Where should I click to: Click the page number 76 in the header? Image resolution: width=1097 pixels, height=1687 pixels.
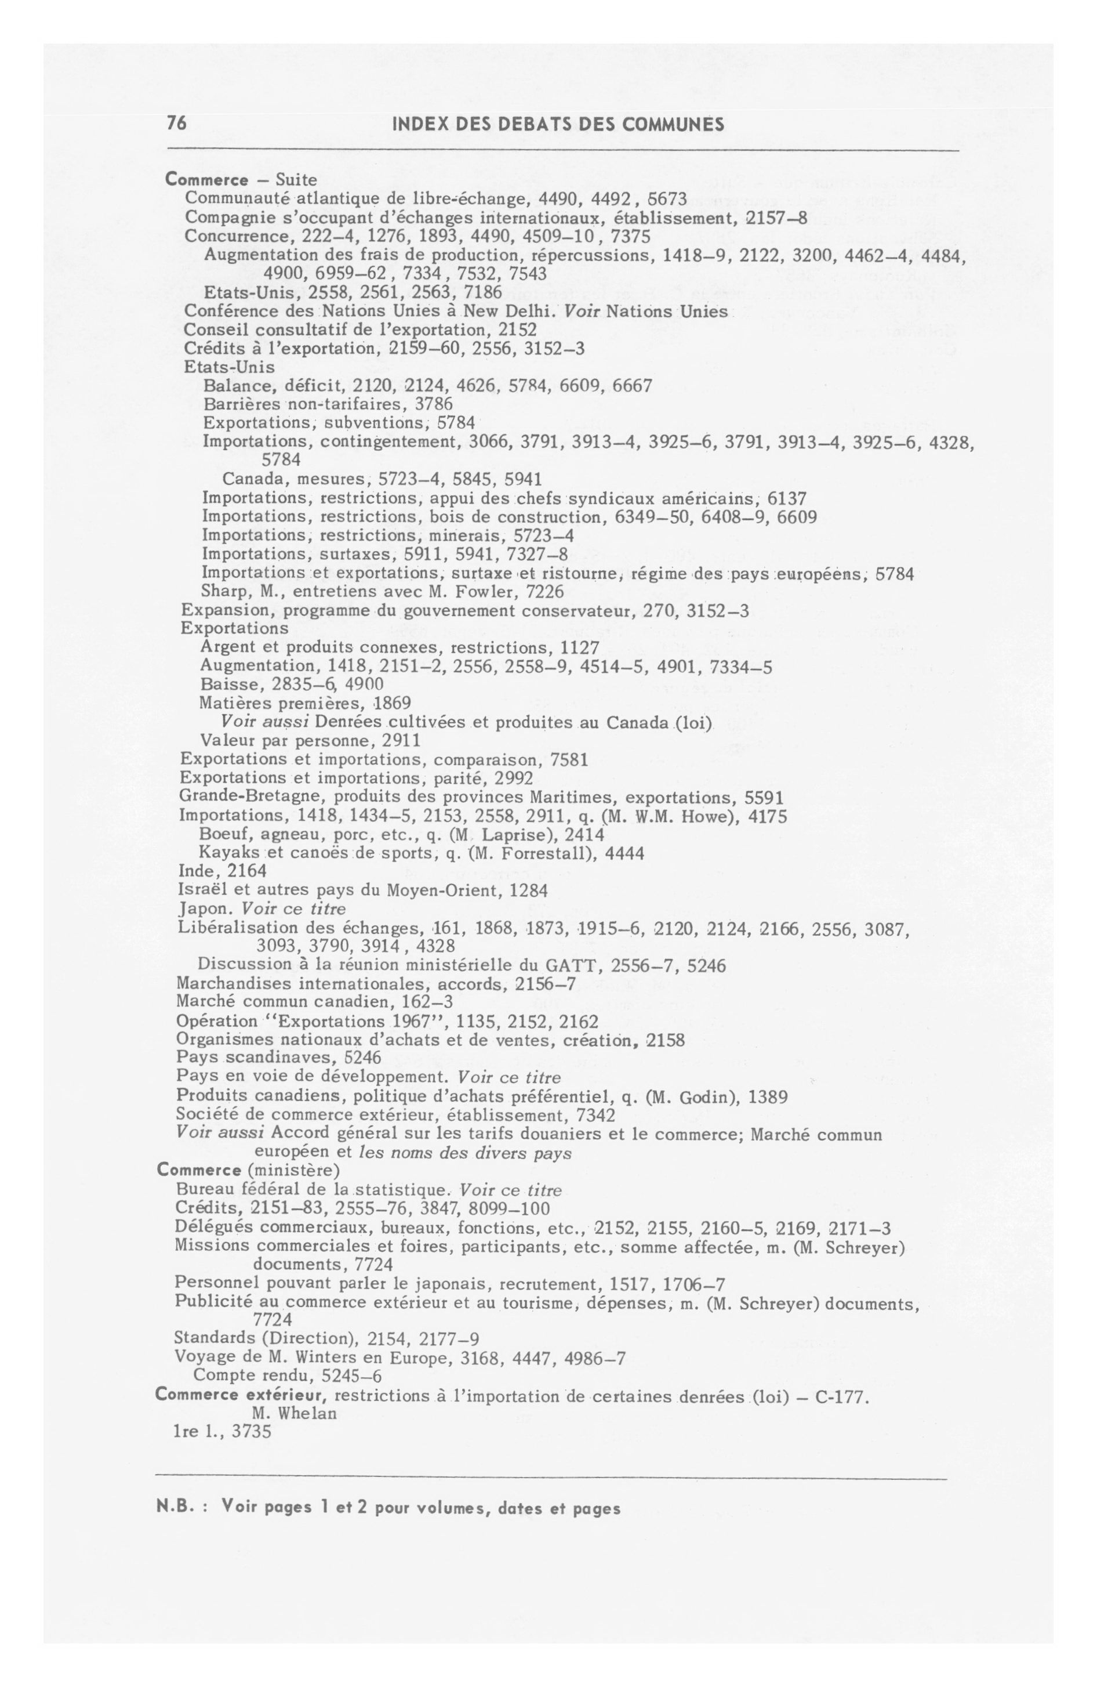176,124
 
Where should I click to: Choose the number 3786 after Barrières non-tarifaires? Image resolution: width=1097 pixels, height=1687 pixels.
433,404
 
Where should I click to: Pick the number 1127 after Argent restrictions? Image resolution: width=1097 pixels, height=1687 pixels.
579,648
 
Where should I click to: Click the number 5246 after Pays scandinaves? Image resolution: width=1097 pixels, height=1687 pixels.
361,1058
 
